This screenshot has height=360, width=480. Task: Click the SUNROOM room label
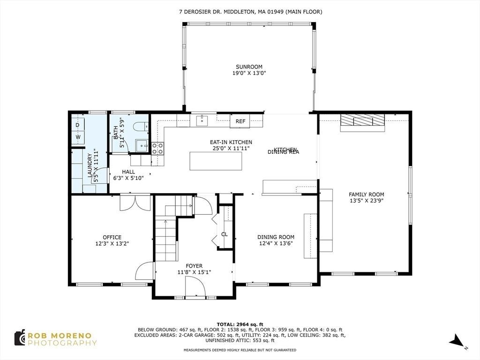click(249, 67)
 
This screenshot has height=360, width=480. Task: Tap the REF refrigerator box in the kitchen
click(240, 121)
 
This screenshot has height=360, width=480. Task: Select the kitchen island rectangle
click(216, 161)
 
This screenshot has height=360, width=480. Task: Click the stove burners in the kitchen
click(157, 148)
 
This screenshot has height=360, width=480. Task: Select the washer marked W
click(78, 137)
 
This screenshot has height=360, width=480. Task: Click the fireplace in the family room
click(362, 121)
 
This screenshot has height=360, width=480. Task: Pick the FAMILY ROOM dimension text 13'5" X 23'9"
click(366, 201)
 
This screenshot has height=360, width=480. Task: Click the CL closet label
click(225, 234)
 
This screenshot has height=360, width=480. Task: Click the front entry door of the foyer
click(195, 287)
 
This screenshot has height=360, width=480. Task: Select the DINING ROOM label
click(276, 237)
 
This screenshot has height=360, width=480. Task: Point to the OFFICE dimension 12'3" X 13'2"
click(112, 243)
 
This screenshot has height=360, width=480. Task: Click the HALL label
click(128, 172)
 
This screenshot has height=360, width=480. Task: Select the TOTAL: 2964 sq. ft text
click(240, 324)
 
